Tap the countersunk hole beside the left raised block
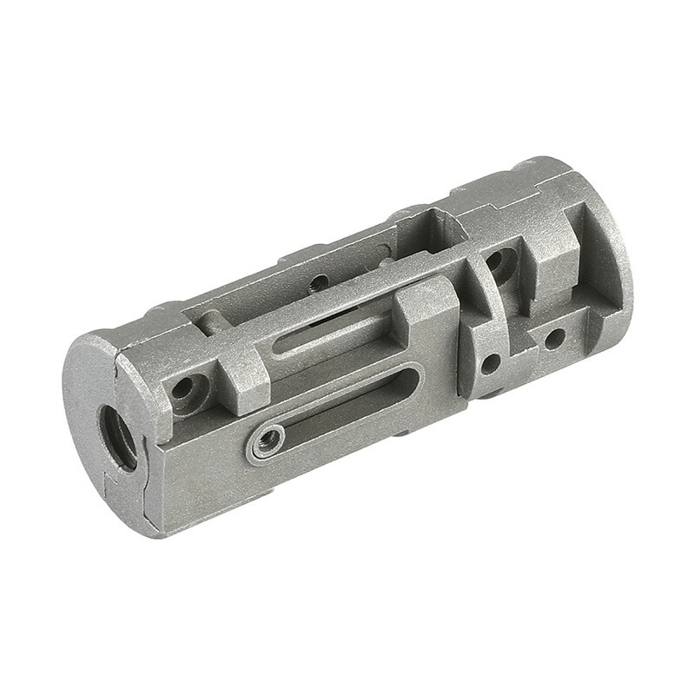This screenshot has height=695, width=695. point(184,387)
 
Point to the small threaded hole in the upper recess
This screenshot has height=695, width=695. point(320,281)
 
